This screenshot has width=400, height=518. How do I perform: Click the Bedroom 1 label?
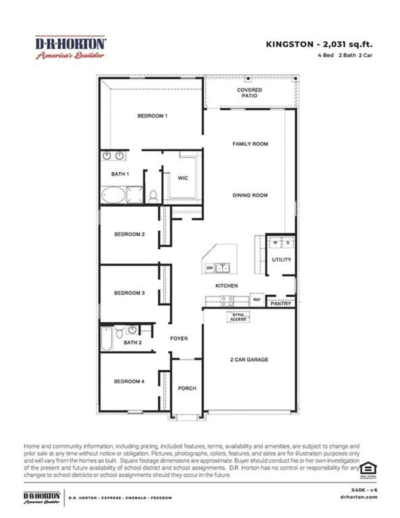(152, 116)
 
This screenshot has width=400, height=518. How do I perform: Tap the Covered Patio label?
(249, 93)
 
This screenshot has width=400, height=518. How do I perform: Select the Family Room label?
(250, 144)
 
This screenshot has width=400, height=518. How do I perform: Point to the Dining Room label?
(250, 196)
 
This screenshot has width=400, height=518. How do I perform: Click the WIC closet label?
(183, 178)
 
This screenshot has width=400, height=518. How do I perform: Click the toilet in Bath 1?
(153, 196)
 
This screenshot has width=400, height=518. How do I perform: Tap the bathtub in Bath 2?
(107, 339)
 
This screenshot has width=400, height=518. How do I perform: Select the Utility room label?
(282, 260)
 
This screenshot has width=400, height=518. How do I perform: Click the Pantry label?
(281, 304)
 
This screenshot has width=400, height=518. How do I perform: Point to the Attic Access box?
(238, 317)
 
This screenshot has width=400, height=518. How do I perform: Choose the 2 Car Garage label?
(249, 360)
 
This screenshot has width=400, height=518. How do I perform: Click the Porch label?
(186, 388)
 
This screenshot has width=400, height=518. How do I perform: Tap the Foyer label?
(178, 339)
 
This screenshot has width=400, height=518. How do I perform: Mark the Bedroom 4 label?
(129, 381)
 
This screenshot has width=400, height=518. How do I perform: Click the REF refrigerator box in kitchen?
(257, 300)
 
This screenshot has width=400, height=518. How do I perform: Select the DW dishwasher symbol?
(210, 268)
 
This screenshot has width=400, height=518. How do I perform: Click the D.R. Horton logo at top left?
(70, 47)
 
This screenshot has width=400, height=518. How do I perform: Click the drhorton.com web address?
(361, 497)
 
